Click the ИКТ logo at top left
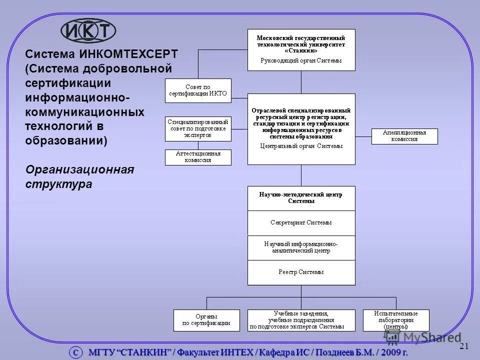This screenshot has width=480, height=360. coord(88,31)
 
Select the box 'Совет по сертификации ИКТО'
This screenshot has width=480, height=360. coord(198,90)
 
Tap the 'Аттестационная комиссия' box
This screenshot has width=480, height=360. coord(198,157)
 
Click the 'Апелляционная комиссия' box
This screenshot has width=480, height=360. coord(404,136)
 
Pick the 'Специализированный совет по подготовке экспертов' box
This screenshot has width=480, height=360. coord(198,128)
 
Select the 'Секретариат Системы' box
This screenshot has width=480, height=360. coord(301,223)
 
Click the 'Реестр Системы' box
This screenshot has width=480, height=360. coord(301,272)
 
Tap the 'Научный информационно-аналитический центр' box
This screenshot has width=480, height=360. coord(301,248)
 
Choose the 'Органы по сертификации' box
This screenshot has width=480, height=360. coord(203,320)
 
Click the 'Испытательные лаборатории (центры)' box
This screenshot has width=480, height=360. coord(396,320)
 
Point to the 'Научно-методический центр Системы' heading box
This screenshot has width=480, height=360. coord(301,198)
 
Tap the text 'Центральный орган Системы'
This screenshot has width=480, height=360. coord(301,146)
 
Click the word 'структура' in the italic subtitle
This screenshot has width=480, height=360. coord(59,184)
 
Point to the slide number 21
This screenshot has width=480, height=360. coord(463,346)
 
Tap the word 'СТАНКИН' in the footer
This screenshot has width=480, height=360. coord(145,352)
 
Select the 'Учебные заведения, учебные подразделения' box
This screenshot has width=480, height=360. coord(301,320)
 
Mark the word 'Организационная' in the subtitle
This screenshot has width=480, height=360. coord(80,169)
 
